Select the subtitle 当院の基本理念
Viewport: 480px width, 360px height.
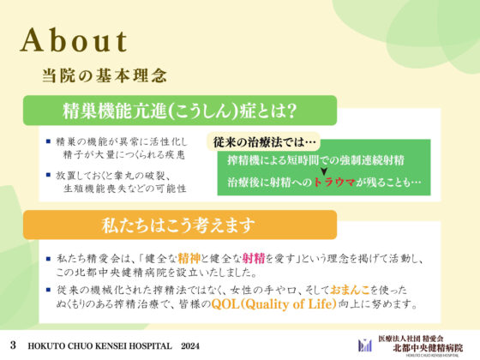coord(104,75)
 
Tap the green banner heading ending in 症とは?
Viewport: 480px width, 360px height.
coord(180,111)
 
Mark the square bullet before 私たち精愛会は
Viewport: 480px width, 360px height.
coord(49,256)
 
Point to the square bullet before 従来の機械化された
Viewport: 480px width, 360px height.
coord(49,291)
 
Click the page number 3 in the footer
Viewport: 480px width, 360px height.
coord(14,343)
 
